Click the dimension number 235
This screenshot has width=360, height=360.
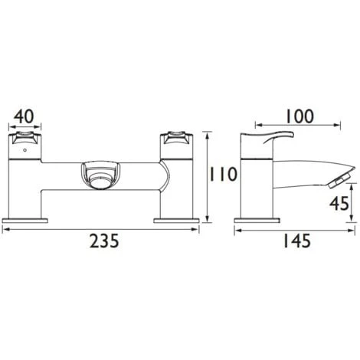click(104, 241)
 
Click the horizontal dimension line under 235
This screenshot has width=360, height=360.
click(104, 227)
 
